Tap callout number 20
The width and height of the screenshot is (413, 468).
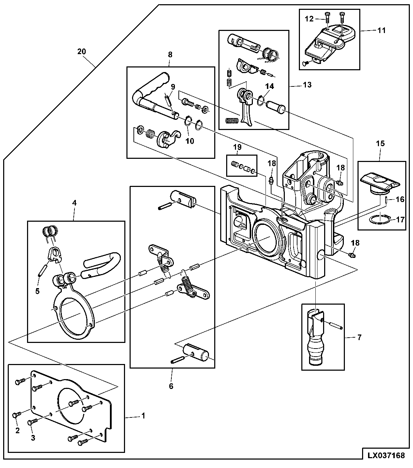pyautogui.click(x=81, y=52)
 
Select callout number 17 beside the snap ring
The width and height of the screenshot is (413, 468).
pyautogui.click(x=400, y=220)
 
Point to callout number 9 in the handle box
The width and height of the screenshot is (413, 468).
pyautogui.click(x=173, y=87)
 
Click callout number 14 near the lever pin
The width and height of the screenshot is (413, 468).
pyautogui.click(x=269, y=86)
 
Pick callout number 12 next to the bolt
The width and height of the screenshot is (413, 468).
pyautogui.click(x=309, y=19)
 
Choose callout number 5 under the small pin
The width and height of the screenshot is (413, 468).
pyautogui.click(x=37, y=291)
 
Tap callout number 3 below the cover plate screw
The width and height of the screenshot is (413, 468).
pyautogui.click(x=33, y=438)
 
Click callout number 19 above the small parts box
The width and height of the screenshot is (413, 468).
pyautogui.click(x=237, y=147)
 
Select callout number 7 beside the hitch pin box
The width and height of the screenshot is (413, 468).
pyautogui.click(x=359, y=338)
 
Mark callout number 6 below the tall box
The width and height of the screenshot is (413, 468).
pyautogui.click(x=171, y=386)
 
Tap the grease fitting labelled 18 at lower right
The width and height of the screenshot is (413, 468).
pyautogui.click(x=352, y=255)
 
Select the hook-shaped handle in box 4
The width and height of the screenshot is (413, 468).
pyautogui.click(x=101, y=265)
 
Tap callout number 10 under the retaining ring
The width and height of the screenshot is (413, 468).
pyautogui.click(x=190, y=141)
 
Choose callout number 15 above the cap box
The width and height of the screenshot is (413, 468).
pyautogui.click(x=380, y=143)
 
